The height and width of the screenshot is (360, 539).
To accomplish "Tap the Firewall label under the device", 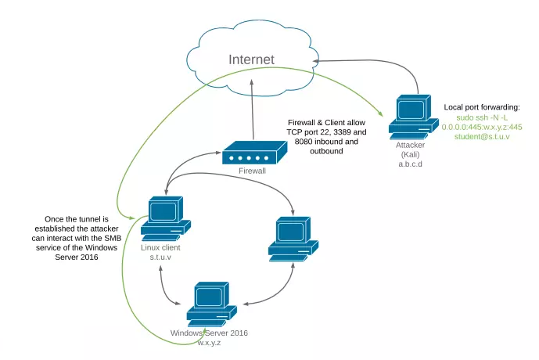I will tap(252, 171).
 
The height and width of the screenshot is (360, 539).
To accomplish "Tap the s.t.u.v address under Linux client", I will tap(160, 257).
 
